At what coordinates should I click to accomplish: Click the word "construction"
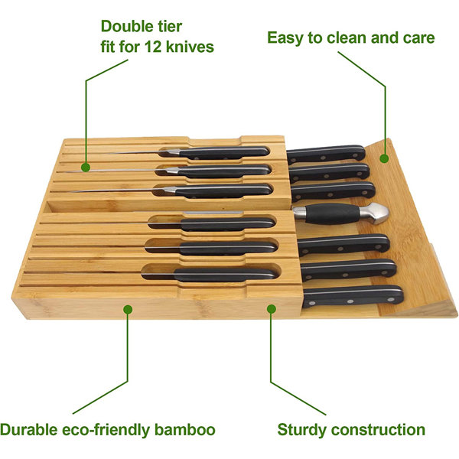(380, 429)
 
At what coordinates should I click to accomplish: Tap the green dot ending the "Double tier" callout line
(86, 166)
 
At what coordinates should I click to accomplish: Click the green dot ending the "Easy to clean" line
(385, 158)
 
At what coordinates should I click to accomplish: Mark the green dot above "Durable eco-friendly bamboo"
(128, 309)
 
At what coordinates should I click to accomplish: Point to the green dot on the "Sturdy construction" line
(271, 309)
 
